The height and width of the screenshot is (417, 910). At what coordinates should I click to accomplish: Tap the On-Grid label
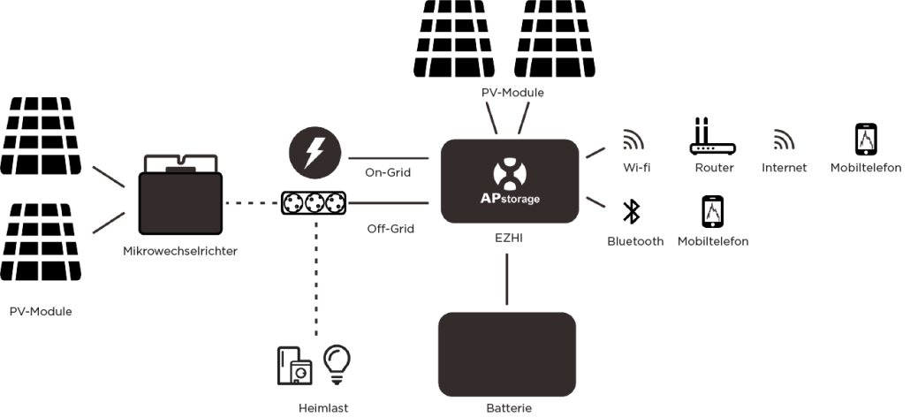coord(388,172)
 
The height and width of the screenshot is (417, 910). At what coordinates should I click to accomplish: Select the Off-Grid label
coord(391,229)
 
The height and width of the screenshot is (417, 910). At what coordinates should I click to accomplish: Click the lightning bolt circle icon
coord(314,154)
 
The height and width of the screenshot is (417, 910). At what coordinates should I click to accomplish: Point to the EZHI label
coord(507,238)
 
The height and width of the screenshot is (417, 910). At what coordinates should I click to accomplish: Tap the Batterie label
coord(508,407)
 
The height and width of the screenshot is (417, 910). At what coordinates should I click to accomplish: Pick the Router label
coord(714,168)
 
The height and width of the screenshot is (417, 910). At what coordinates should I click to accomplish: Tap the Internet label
coord(783,168)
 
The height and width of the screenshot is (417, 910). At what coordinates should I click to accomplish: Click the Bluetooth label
coord(634,240)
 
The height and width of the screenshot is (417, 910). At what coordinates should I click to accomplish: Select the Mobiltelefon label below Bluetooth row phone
coord(712,240)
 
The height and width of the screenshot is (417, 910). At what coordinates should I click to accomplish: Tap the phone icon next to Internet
coord(866,138)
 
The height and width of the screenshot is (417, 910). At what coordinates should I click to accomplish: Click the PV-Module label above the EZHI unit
coord(512,92)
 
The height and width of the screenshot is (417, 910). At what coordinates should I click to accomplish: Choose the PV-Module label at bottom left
coord(41,311)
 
